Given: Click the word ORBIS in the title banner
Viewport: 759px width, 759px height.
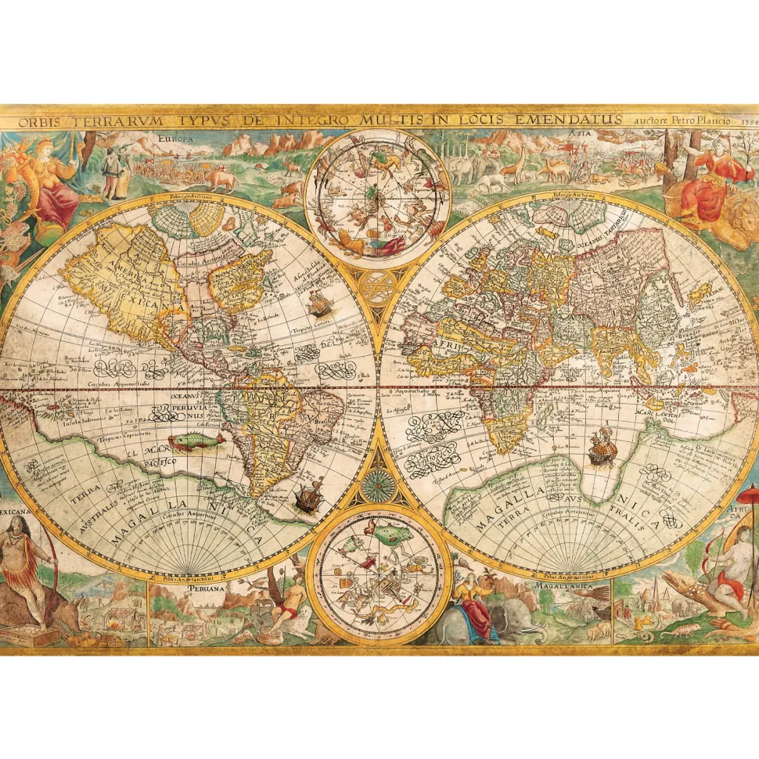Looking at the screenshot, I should pos(39,122).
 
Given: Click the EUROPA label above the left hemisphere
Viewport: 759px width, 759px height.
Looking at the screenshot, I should pos(175,138).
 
